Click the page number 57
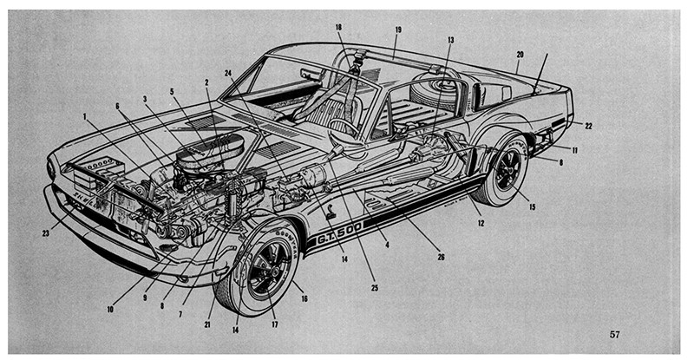pos(614,334)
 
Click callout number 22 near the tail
pos(588,126)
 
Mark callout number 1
pos(86,115)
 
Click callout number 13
pos(450,40)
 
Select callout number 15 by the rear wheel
pos(533,207)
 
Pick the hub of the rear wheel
pos(506,170)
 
